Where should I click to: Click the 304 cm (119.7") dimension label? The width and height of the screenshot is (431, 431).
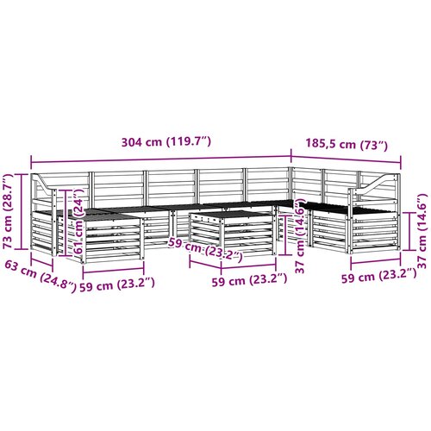[166, 142]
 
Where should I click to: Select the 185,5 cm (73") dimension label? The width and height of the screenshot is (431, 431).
[347, 144]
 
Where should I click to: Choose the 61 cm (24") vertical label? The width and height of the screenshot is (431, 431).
[78, 221]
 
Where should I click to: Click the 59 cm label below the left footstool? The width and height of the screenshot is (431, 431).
[117, 284]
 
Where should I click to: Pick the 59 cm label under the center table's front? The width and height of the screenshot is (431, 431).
[249, 280]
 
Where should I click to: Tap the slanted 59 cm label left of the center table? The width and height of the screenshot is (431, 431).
[206, 250]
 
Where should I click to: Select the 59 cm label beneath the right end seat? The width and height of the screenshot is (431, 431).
[379, 276]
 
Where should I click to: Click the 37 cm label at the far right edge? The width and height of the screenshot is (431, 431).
[422, 231]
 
